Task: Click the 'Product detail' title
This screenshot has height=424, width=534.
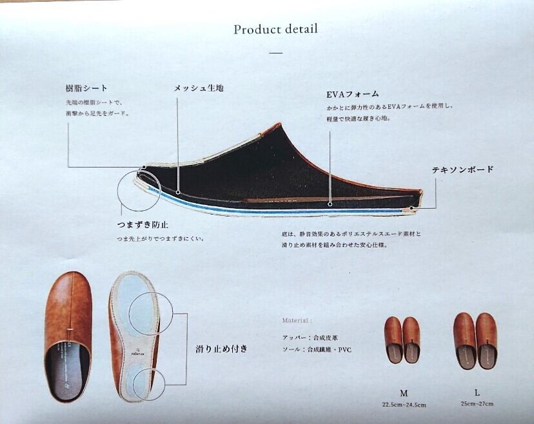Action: (275, 29)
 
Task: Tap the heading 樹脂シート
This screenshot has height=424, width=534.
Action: (86, 88)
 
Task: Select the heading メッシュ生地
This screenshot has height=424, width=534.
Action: (198, 88)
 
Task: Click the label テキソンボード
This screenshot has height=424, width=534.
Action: (462, 169)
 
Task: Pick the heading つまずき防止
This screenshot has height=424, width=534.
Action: (143, 225)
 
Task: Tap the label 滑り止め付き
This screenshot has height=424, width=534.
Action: (222, 349)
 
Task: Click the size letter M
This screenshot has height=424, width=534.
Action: (404, 392)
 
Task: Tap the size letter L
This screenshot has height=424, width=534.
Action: (477, 392)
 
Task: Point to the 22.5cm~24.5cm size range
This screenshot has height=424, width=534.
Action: (404, 405)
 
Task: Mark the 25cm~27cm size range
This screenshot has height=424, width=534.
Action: (477, 404)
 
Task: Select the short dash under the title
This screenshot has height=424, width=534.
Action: (275, 53)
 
